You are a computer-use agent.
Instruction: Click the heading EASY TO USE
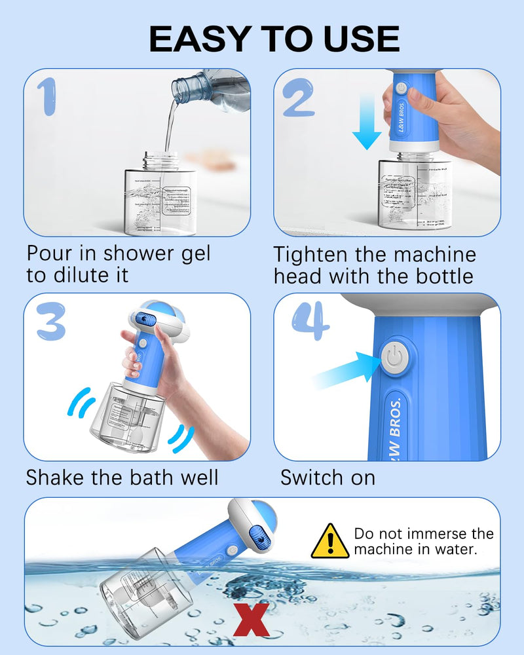pyautogui.click(x=274, y=39)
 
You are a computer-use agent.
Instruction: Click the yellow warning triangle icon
pyautogui.click(x=329, y=541)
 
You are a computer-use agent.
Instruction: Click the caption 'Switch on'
pyautogui.click(x=327, y=477)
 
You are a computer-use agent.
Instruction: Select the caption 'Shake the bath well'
pyautogui.click(x=122, y=477)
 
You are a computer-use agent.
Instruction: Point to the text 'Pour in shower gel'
pyautogui.click(x=119, y=253)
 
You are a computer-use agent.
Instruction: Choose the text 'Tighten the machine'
pyautogui.click(x=375, y=254)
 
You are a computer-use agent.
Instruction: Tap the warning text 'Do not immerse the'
pyautogui.click(x=424, y=533)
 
